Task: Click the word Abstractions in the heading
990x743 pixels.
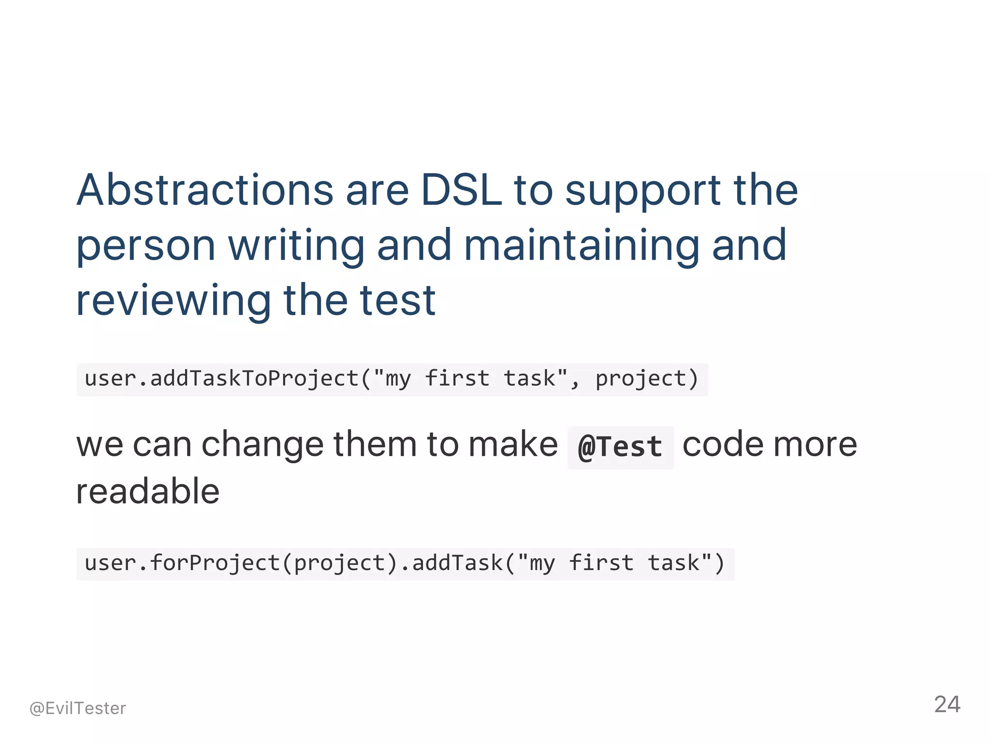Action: [205, 190]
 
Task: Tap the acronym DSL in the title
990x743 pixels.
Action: [461, 190]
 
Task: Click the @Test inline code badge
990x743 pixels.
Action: [620, 447]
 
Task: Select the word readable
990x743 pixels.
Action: [148, 491]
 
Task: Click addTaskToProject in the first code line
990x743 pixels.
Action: [254, 378]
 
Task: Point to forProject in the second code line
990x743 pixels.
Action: [215, 563]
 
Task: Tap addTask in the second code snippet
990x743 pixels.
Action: [457, 563]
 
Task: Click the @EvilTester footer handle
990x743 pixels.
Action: [78, 708]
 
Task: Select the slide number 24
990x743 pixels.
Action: [946, 704]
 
